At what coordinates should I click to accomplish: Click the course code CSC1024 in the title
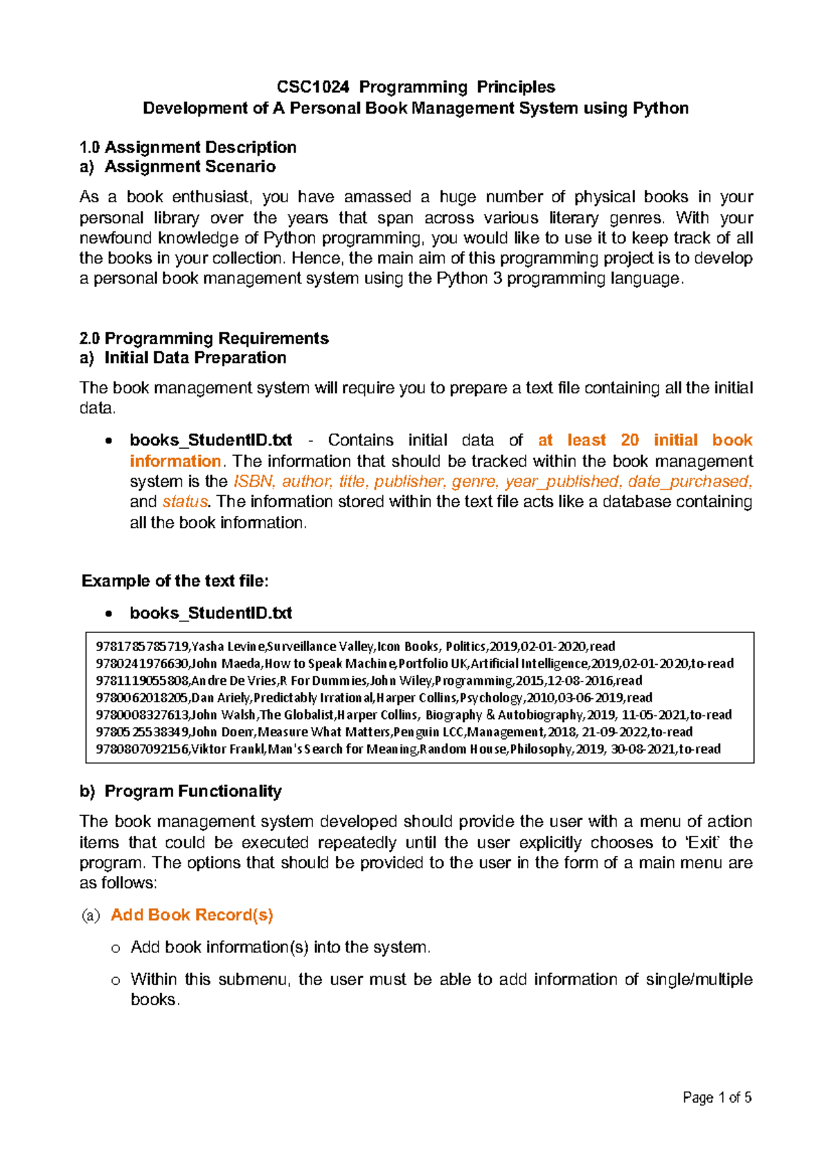click(313, 87)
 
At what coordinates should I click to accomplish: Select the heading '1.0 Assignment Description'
click(188, 148)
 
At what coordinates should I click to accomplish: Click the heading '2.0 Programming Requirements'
click(204, 339)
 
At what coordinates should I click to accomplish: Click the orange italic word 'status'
click(185, 501)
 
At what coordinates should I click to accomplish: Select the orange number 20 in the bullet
click(629, 440)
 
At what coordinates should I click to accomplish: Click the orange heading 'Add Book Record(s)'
click(192, 915)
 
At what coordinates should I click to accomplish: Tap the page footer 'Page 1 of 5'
click(717, 1097)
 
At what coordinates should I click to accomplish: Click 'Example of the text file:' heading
click(175, 581)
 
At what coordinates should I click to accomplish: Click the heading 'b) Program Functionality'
click(181, 792)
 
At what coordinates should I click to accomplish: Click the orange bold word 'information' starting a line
click(175, 461)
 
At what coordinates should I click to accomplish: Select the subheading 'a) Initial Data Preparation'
click(183, 358)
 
